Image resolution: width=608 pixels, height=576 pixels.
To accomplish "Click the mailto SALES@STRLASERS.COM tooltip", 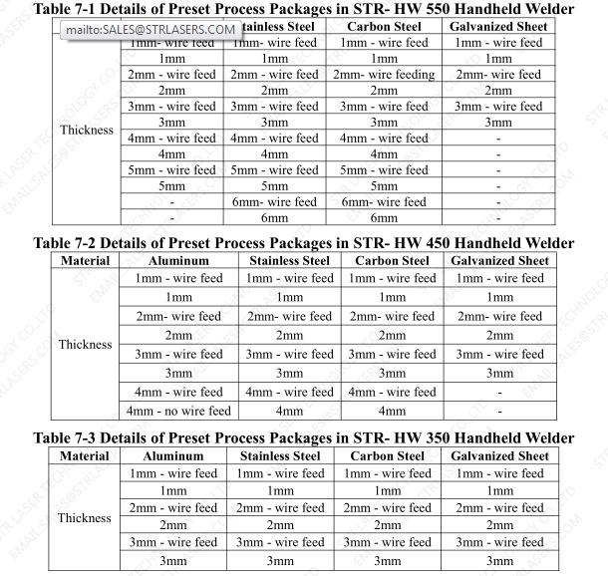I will coord(152,29).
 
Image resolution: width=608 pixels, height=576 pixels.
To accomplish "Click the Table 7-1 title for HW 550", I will coord(304,8).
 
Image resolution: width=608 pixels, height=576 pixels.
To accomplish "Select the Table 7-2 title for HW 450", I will coord(304,243).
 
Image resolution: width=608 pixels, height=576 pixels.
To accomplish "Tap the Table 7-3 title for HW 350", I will coord(304,438).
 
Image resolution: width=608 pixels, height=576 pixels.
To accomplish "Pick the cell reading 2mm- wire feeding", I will coord(384,75).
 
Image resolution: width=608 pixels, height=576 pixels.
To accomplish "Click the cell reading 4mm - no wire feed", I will coord(179,411).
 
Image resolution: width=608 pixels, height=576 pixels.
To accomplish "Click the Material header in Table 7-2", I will coord(85,261).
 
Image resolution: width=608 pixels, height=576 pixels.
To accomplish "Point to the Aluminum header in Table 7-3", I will coord(173,456).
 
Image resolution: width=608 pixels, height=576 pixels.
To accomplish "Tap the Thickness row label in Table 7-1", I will coord(87,131).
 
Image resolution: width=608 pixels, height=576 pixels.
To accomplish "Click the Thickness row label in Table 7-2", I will coord(85,345).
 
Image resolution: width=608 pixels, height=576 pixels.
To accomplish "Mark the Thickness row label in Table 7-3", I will coord(85,518).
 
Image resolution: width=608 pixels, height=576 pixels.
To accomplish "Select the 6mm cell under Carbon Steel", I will coord(384,218).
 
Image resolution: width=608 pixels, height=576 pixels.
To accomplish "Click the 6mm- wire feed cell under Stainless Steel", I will coord(274,202).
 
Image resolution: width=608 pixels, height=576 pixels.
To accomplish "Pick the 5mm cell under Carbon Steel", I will coord(384,186).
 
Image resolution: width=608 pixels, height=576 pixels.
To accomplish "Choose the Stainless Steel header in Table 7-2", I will coord(289,261).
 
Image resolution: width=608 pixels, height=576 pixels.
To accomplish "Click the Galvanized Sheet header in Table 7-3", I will coord(499,456).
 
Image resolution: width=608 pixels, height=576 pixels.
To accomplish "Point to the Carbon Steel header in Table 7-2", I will coord(392,261).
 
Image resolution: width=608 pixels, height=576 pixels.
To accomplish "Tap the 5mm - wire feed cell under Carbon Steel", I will coord(384,170).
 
